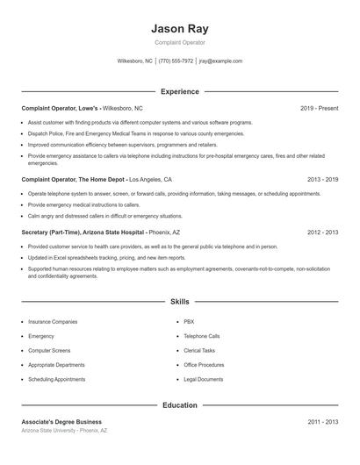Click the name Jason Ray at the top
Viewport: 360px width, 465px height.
(179, 28)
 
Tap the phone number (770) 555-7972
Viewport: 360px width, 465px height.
(176, 61)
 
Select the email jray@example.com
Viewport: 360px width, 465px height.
(220, 61)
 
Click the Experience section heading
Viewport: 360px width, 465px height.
(179, 91)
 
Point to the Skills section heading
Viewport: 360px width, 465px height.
(179, 301)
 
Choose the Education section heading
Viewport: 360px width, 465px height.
(179, 405)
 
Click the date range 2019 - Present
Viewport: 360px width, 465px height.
(319, 108)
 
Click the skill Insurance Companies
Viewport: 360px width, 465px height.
(53, 322)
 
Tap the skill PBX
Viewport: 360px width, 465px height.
(189, 322)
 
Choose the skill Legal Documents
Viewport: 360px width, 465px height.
(204, 379)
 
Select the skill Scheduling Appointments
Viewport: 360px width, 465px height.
(56, 379)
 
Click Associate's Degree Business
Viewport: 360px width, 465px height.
(61, 422)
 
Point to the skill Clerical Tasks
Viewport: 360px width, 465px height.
(199, 350)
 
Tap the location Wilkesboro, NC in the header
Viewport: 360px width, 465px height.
(134, 61)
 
